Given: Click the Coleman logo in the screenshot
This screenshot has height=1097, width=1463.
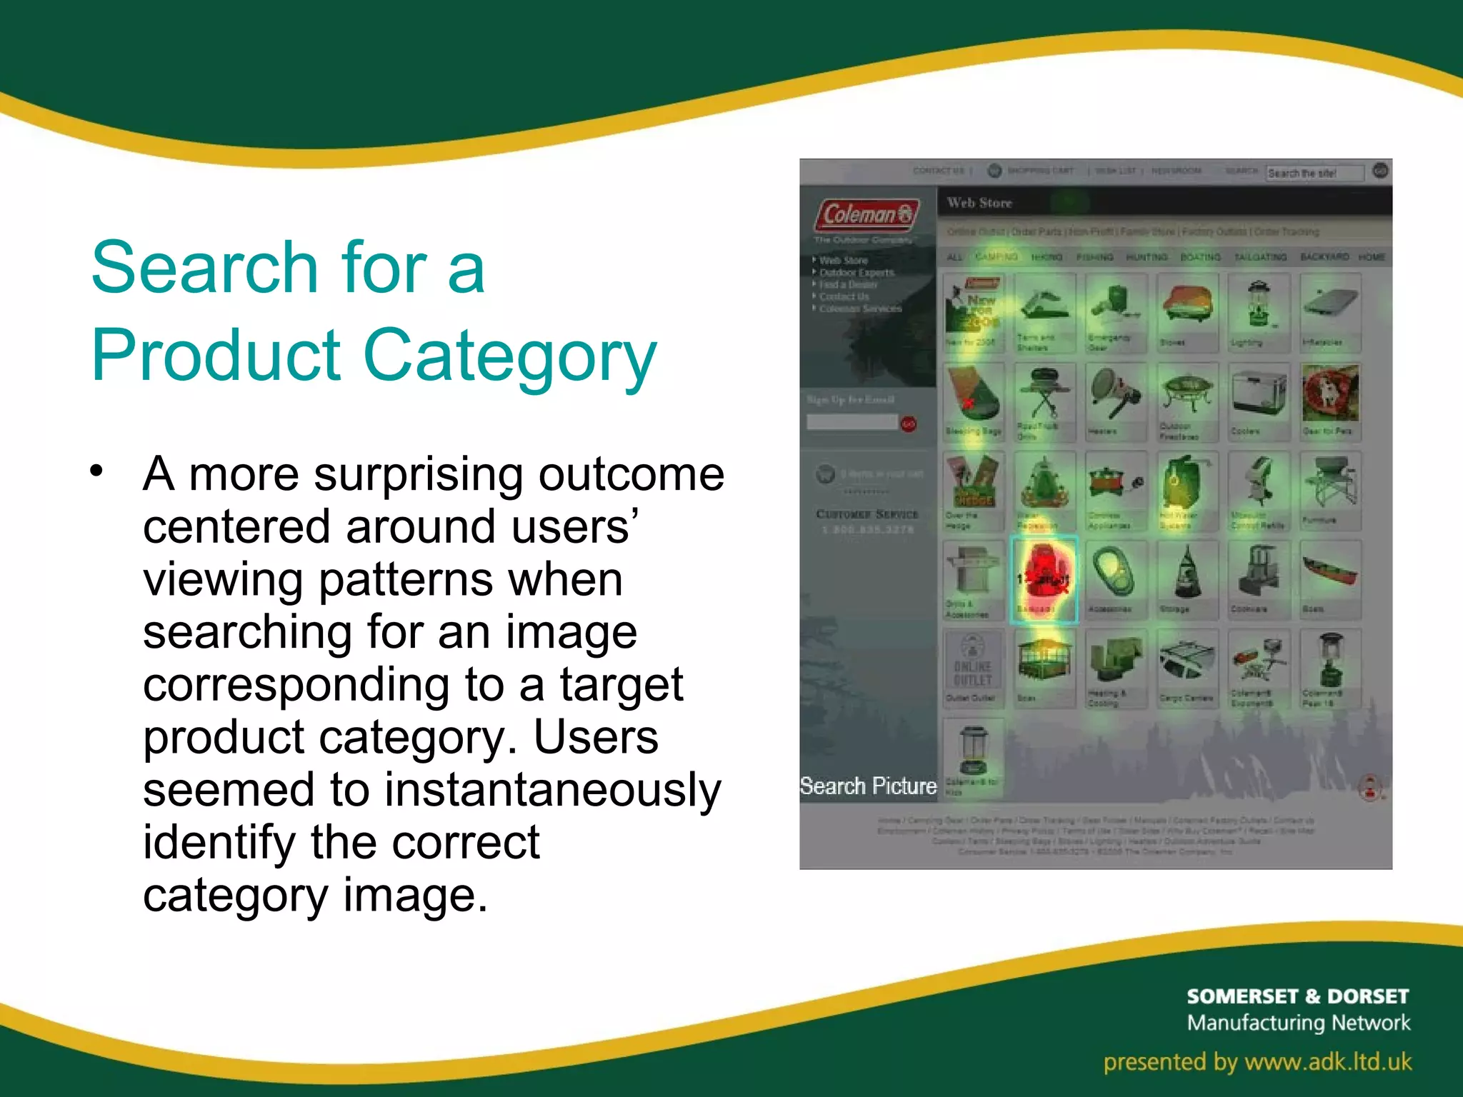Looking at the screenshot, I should coord(867,214).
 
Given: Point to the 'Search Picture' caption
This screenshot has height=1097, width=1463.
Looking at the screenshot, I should coord(868,786).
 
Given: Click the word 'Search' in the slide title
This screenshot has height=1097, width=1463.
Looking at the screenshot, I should coord(204,267).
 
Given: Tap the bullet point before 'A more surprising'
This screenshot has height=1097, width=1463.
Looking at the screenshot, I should coord(97,471).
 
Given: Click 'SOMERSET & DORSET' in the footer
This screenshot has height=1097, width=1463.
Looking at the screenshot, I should coord(1297,996).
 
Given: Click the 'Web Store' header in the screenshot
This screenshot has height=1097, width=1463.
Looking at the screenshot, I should coord(979,203).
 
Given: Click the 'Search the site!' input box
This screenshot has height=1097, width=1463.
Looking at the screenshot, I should coord(1313,173).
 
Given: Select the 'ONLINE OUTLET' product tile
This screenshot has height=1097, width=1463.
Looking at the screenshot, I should coord(972,668).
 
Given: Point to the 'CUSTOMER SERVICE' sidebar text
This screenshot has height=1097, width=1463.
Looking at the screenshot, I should coord(867,514).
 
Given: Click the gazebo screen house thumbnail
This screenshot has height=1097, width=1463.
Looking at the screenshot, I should coord(1044,661).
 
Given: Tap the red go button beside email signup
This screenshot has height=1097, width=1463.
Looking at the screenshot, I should coord(908,424).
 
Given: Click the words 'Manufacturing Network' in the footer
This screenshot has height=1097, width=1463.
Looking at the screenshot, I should coord(1298,1023).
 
